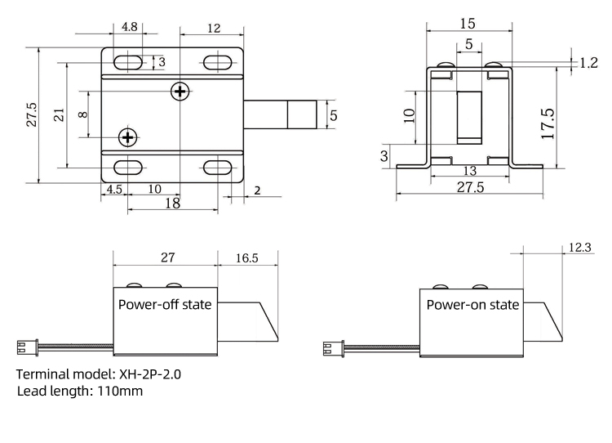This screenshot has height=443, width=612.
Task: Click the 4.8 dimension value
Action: click(x=129, y=27)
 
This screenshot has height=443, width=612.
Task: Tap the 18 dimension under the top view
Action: click(x=172, y=203)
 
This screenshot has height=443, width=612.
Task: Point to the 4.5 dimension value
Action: click(x=113, y=188)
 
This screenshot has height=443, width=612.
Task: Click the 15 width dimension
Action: click(x=468, y=22)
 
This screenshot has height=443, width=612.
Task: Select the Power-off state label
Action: click(x=165, y=305)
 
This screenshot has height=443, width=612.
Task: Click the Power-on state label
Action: click(x=472, y=305)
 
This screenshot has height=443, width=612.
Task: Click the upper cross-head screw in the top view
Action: click(x=180, y=92)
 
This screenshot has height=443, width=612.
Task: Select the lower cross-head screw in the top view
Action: click(x=128, y=136)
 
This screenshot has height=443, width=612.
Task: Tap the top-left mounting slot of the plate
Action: click(x=128, y=61)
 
